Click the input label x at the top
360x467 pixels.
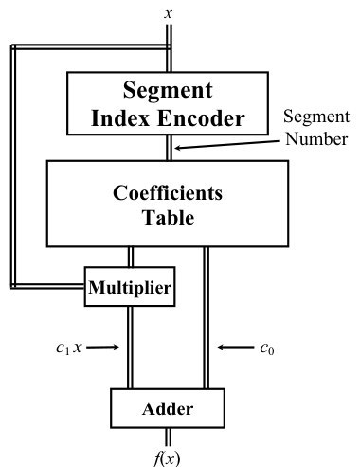[x=169, y=14]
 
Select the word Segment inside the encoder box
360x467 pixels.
[x=168, y=91]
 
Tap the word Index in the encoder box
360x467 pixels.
[x=120, y=118]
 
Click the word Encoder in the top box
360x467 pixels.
[x=201, y=118]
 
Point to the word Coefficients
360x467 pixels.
[x=168, y=193]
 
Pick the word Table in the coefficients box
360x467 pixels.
[x=168, y=217]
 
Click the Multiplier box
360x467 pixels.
[x=130, y=287]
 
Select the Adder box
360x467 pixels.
[x=168, y=408]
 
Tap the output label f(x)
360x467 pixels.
[x=167, y=458]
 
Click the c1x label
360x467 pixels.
[x=69, y=348]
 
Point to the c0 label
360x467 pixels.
[x=267, y=349]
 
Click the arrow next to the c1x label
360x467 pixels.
[x=102, y=347]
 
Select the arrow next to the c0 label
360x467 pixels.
[x=235, y=348]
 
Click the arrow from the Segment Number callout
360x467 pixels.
[x=227, y=144]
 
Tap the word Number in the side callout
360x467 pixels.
[x=316, y=139]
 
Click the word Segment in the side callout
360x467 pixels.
[x=316, y=117]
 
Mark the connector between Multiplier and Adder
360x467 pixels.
[x=130, y=348]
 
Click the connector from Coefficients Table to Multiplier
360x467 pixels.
[x=131, y=257]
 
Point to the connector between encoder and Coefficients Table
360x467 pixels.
[x=170, y=148]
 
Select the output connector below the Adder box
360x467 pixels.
[x=169, y=438]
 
